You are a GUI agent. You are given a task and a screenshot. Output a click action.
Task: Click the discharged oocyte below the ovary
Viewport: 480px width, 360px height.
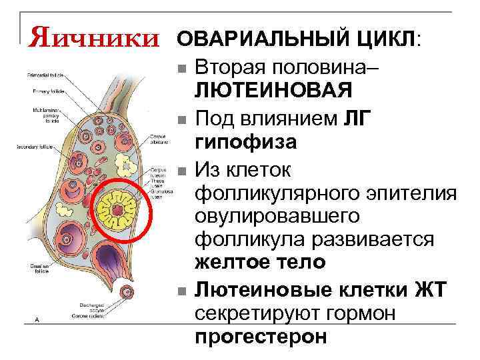coord(126,291)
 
